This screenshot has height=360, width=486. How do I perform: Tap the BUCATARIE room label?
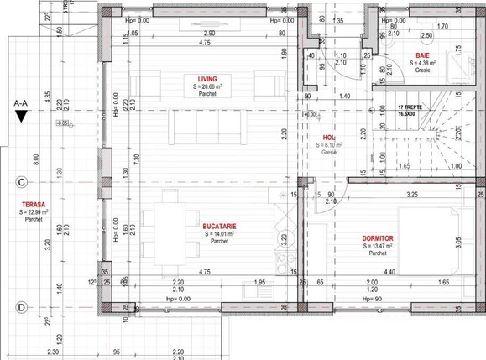pos(218,226)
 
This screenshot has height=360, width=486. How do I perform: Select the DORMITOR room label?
pos(379,238)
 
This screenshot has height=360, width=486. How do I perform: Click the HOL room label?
pos(329,138)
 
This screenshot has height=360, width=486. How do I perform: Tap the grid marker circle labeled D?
pos(19,307)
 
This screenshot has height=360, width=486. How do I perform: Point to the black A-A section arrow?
pos(21,117)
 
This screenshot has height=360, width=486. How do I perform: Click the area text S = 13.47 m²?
pos(379,246)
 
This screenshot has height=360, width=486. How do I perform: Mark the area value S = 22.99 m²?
pos(34,212)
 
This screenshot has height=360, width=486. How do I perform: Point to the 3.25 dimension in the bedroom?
pos(412,194)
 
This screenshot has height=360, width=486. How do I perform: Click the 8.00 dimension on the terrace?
pos(35,157)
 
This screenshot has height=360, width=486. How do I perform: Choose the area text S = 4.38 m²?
pos(423,63)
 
